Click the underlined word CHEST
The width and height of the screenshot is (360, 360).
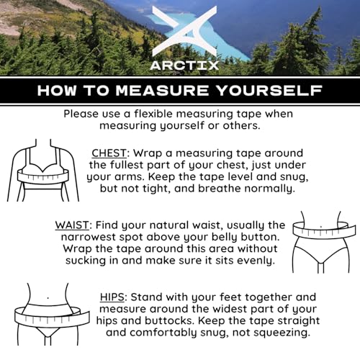[x=109, y=153]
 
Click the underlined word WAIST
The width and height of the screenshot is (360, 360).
[x=72, y=225]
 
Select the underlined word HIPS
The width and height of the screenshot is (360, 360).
[x=112, y=297]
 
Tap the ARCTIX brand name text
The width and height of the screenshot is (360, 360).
[x=184, y=66]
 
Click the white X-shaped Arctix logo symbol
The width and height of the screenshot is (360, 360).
[x=184, y=31]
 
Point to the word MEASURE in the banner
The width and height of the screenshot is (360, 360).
[x=163, y=91]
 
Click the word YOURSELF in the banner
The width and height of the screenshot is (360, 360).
[x=269, y=91]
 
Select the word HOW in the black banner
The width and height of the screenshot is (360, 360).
[x=57, y=91]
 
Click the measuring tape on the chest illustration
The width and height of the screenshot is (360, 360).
[x=43, y=177]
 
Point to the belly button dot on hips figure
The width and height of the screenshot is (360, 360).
[x=48, y=298]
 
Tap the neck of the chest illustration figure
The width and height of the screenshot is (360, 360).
[x=43, y=143]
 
